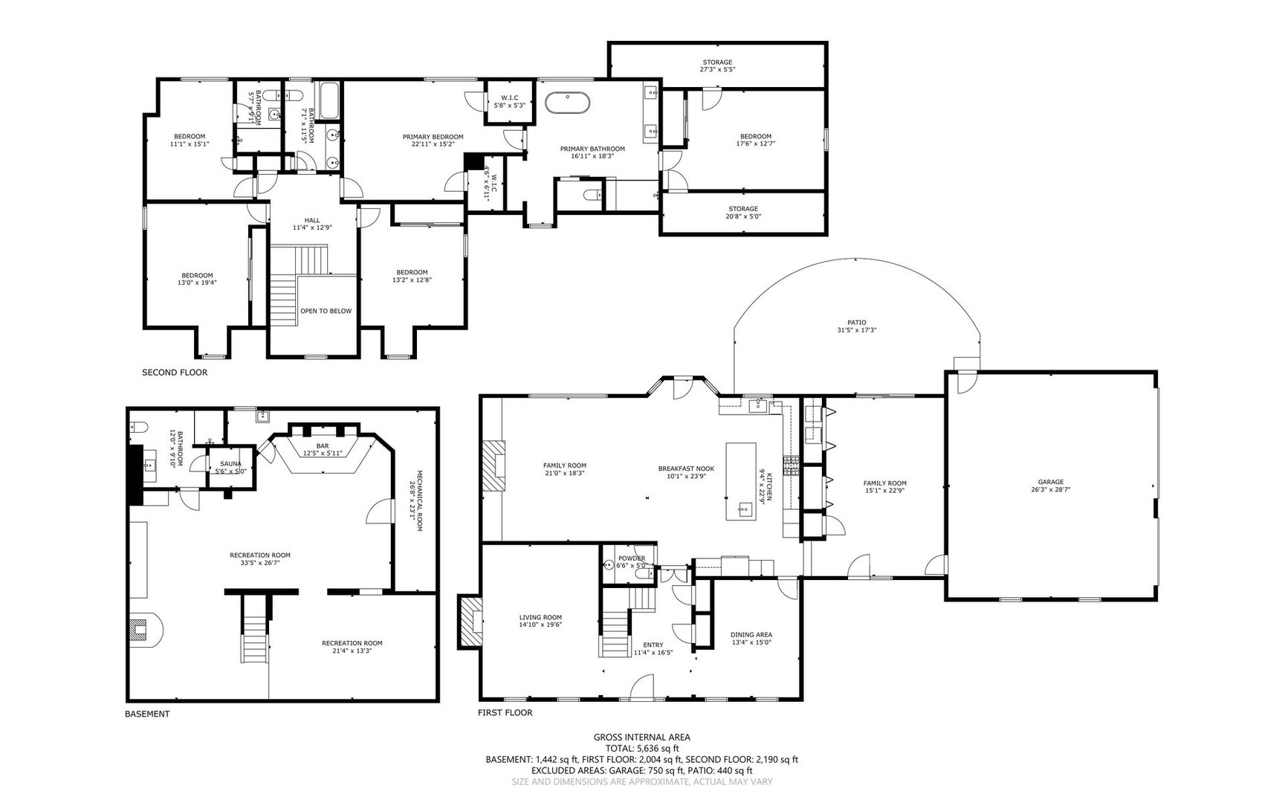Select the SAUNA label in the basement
point(230,464)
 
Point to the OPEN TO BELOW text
point(326,311)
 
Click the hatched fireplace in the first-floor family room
point(494,465)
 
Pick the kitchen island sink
point(742,509)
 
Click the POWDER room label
point(631,558)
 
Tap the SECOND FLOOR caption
point(175,373)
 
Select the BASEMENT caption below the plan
point(147,714)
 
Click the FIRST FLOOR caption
point(505,712)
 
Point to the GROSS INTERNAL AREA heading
point(642,737)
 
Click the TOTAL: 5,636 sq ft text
point(642,748)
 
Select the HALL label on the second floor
point(312,220)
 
